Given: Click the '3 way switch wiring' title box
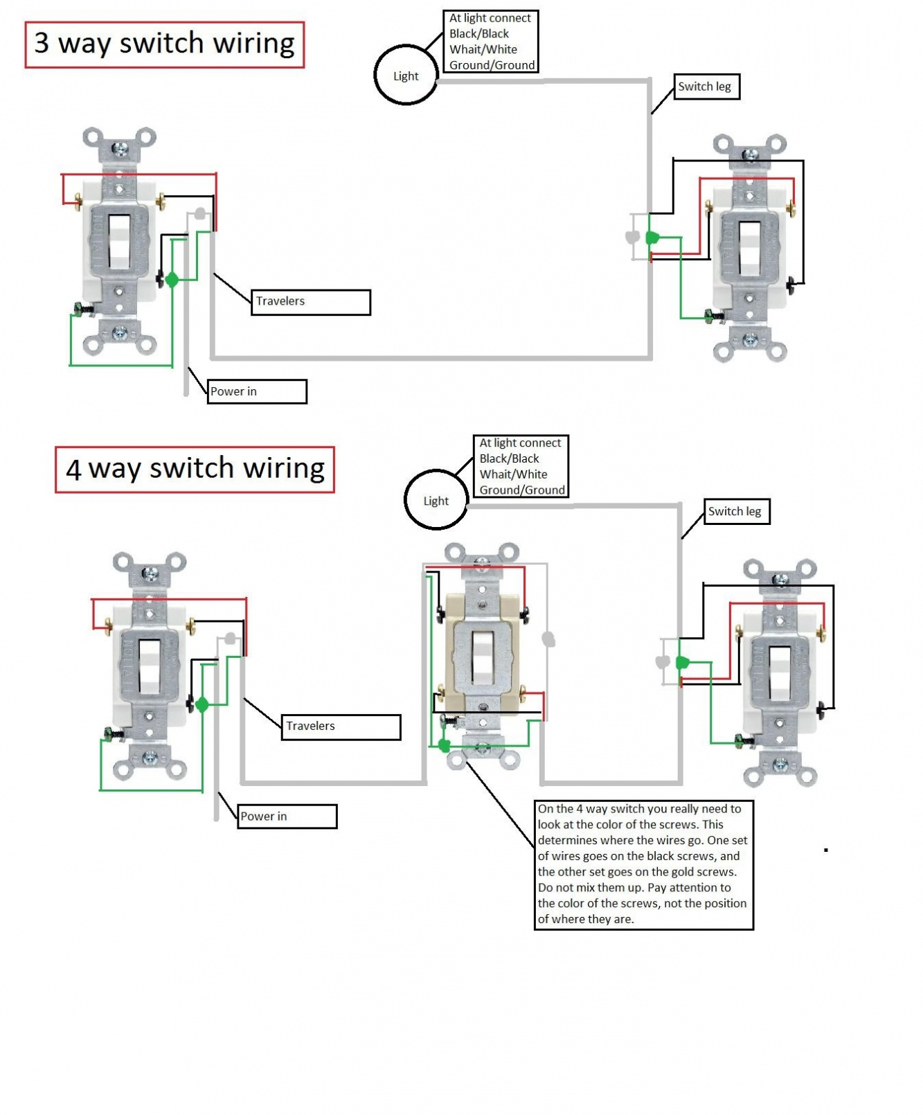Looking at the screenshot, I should tap(165, 44).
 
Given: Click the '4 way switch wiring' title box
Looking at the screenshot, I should tap(195, 470).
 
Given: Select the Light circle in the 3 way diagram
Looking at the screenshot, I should tap(406, 75).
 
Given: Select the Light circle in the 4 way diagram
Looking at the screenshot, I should tap(436, 501).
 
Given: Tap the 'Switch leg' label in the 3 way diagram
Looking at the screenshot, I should tap(706, 87).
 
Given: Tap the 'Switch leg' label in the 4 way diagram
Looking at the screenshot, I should tap(736, 512).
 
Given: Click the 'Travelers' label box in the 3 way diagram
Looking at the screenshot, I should tap(310, 302).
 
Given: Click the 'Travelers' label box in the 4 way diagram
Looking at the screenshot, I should tap(341, 726).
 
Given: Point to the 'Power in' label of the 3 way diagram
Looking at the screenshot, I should tap(256, 392).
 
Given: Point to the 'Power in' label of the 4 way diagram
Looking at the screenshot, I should tap(287, 817).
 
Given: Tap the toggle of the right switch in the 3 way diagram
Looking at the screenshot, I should tap(750, 248).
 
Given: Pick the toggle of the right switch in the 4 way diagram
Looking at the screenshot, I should tap(780, 673).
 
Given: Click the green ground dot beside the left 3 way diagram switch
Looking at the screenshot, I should tap(172, 280).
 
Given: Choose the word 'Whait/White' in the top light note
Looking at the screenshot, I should tap(483, 50).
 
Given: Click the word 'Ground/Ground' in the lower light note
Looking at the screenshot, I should tap(522, 490).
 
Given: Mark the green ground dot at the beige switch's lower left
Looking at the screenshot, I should tap(444, 747).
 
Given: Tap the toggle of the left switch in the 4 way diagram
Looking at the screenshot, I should tap(150, 666).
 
